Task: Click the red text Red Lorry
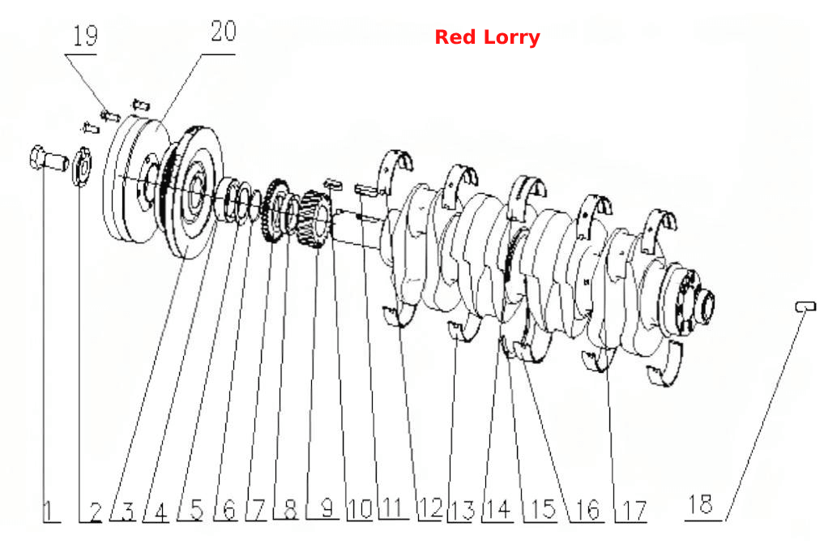coord(487,37)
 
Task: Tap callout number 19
coord(85,36)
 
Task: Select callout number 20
coord(224,32)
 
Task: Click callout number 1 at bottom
coord(48,511)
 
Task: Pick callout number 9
coord(327,508)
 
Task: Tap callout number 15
coord(543,509)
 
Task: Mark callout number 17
coord(634,511)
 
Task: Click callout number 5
coord(197,509)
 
